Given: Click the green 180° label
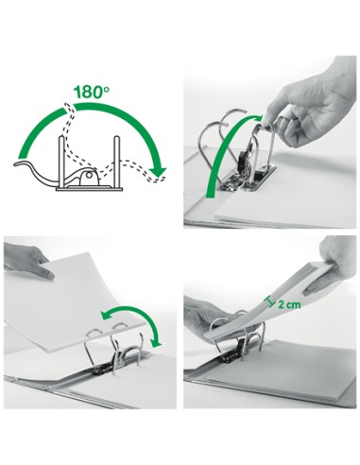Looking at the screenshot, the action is coord(92,93).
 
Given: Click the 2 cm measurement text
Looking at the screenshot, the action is coord(289,304).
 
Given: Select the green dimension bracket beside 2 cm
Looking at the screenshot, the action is coord(270,301).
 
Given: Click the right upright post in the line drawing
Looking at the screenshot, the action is coord(117,162).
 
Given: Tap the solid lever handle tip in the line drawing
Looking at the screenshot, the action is coord(19,164).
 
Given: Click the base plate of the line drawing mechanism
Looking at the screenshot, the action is coord(90,189).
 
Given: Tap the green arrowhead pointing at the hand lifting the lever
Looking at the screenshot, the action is coord(257,119).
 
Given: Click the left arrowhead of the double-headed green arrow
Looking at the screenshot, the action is coord(105,315).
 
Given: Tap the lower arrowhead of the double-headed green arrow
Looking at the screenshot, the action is coord(156,342).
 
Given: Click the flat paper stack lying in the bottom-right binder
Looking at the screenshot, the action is coord(281,371).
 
